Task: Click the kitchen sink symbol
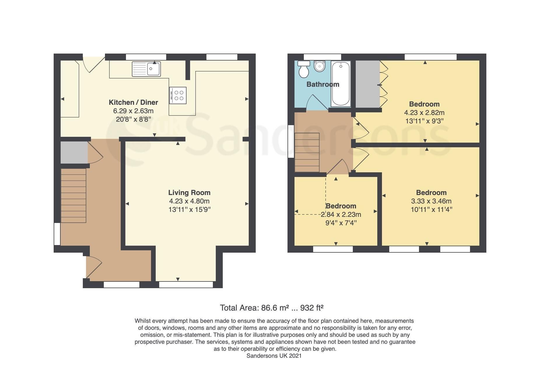[x=146, y=69]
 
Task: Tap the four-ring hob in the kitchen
[x=178, y=95]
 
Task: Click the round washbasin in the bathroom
[x=320, y=66]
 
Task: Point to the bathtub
[x=341, y=84]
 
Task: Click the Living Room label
[x=189, y=192]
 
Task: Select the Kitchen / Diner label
[x=133, y=102]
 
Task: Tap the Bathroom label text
[x=323, y=84]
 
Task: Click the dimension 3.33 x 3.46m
[x=431, y=201]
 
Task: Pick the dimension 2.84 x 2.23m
[x=341, y=215]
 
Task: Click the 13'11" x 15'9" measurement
[x=189, y=209]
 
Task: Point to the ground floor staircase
[x=73, y=196]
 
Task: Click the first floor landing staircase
[x=307, y=152]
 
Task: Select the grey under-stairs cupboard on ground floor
[x=74, y=153]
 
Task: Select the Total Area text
[x=271, y=308]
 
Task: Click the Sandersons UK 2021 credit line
[x=274, y=356]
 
